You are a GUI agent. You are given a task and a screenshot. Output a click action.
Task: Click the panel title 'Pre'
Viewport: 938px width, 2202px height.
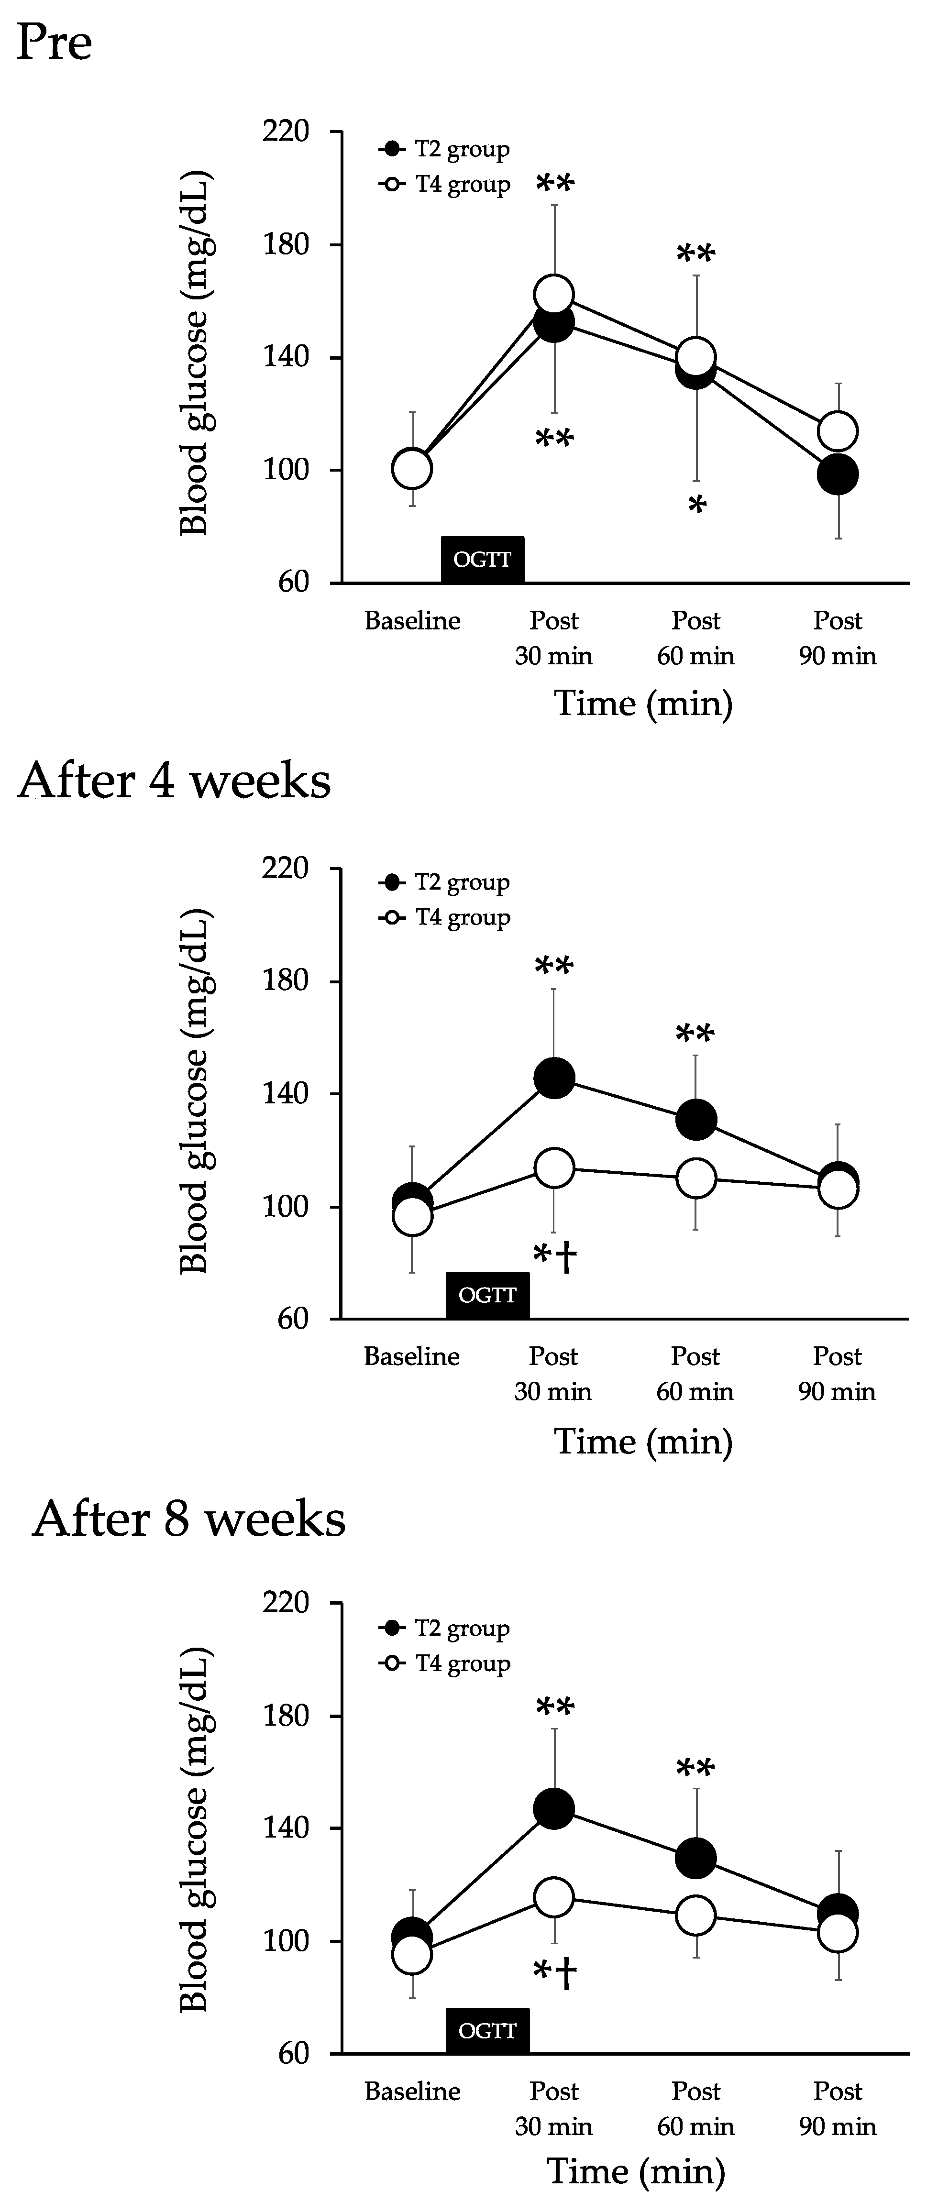point(54,43)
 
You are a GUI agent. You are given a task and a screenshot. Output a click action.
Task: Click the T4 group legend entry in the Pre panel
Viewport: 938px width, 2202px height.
point(445,185)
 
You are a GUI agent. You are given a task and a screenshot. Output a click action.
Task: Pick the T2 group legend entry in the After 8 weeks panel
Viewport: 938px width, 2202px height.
point(445,1629)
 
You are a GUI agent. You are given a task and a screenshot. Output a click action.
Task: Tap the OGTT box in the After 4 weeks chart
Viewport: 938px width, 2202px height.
point(487,1296)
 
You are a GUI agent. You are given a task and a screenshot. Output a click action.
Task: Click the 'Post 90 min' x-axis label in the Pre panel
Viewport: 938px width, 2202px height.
point(837,638)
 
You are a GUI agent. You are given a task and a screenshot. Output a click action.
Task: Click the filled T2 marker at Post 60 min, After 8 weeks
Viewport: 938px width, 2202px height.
point(696,1859)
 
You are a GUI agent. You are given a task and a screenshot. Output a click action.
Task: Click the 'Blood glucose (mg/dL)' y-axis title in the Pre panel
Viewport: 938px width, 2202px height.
point(195,355)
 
